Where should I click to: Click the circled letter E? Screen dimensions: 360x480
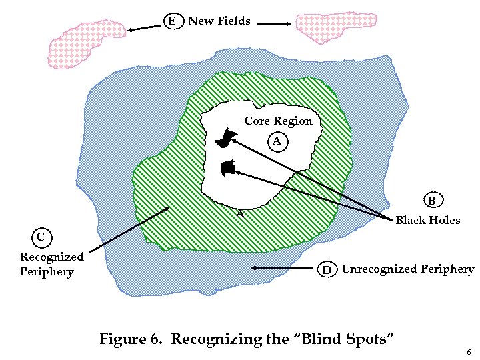point(173,21)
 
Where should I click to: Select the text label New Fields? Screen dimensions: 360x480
point(219,21)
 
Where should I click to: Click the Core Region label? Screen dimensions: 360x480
point(278,121)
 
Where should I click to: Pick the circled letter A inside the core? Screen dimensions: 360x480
point(277,141)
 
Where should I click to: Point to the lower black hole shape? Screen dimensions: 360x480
point(228,168)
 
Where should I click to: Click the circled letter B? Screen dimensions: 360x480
point(432,200)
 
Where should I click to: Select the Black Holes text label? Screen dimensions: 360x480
point(427,220)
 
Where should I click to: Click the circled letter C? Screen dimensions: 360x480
point(41,237)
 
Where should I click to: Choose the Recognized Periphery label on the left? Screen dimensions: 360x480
point(52,264)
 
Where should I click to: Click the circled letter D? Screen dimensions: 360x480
point(327,270)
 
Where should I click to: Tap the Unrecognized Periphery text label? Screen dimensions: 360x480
point(407,269)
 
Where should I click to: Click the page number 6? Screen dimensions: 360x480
point(469,352)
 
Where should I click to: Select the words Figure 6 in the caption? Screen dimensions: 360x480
point(131,338)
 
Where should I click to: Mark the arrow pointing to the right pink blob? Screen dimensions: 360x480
point(273,25)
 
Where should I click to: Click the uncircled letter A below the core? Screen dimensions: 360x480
point(240,214)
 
